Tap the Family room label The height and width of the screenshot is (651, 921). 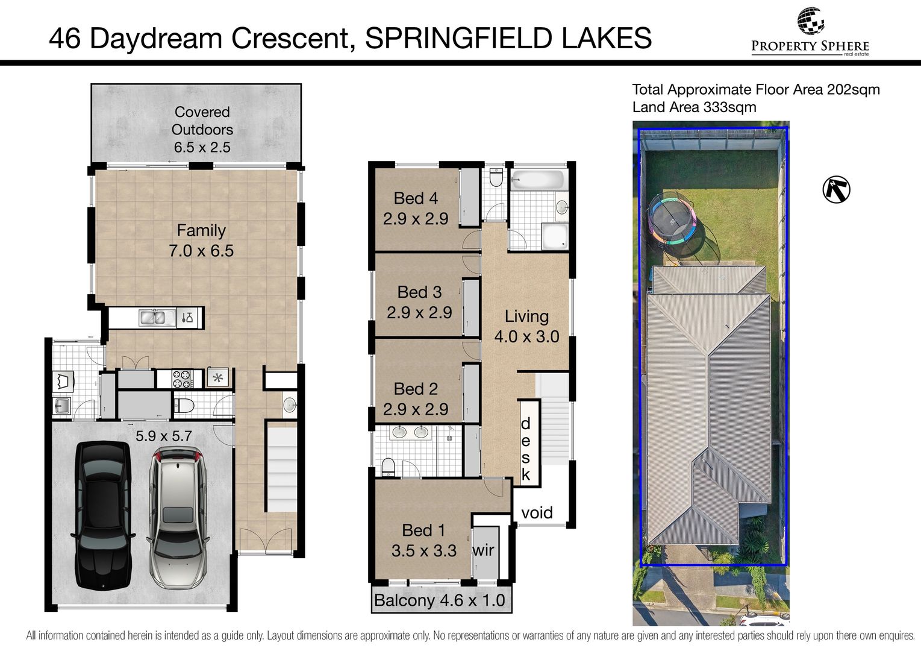pos(201,230)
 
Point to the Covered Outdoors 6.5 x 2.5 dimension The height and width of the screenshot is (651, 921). pos(202,147)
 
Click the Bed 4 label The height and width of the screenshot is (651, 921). pos(416,198)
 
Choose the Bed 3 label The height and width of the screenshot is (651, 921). pos(419,292)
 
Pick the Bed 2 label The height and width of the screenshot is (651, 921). pos(416,389)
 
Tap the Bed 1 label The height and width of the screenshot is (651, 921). pos(423,530)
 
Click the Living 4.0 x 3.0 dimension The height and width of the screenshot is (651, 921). pos(526,336)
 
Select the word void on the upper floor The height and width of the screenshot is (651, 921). pos(537,513)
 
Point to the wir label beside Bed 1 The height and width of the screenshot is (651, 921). pos(484,550)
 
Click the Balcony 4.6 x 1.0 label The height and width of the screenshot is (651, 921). pos(440,600)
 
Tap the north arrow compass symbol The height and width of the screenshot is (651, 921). pos(836,189)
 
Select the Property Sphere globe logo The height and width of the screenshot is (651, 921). pos(810,20)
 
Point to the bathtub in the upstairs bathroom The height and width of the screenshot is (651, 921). pos(537,180)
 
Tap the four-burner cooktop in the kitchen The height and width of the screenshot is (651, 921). pos(182,379)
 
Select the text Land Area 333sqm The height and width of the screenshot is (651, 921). pos(694,107)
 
